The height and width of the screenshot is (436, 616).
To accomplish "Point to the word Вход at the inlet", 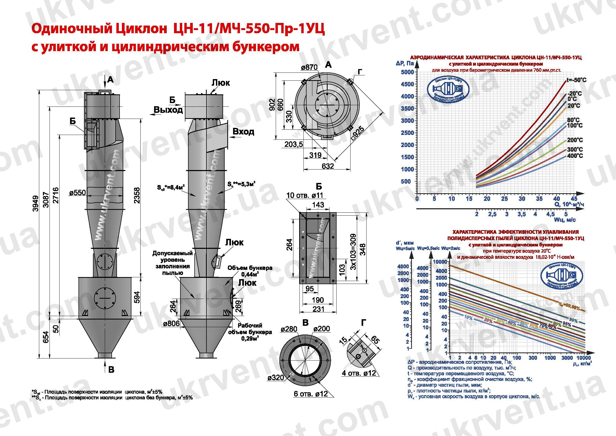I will [x=243, y=132].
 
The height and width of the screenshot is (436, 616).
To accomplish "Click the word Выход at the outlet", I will [x=168, y=110].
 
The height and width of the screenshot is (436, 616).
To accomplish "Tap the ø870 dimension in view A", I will [x=309, y=67].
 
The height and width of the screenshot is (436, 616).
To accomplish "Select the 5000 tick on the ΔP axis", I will [x=407, y=72].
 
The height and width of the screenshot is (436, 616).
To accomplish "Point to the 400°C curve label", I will [x=575, y=156].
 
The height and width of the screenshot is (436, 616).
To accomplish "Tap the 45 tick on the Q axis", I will [x=574, y=199].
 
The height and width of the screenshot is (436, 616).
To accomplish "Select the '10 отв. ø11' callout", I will [x=304, y=195].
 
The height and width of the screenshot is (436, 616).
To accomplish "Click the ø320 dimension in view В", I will [x=275, y=378].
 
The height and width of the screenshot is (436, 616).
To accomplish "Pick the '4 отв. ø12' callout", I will [x=359, y=373].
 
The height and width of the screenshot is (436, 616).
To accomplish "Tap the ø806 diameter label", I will [x=171, y=323].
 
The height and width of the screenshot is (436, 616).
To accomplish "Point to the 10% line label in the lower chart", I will [x=468, y=318].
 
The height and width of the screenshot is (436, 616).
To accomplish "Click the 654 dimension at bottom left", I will [x=46, y=337].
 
